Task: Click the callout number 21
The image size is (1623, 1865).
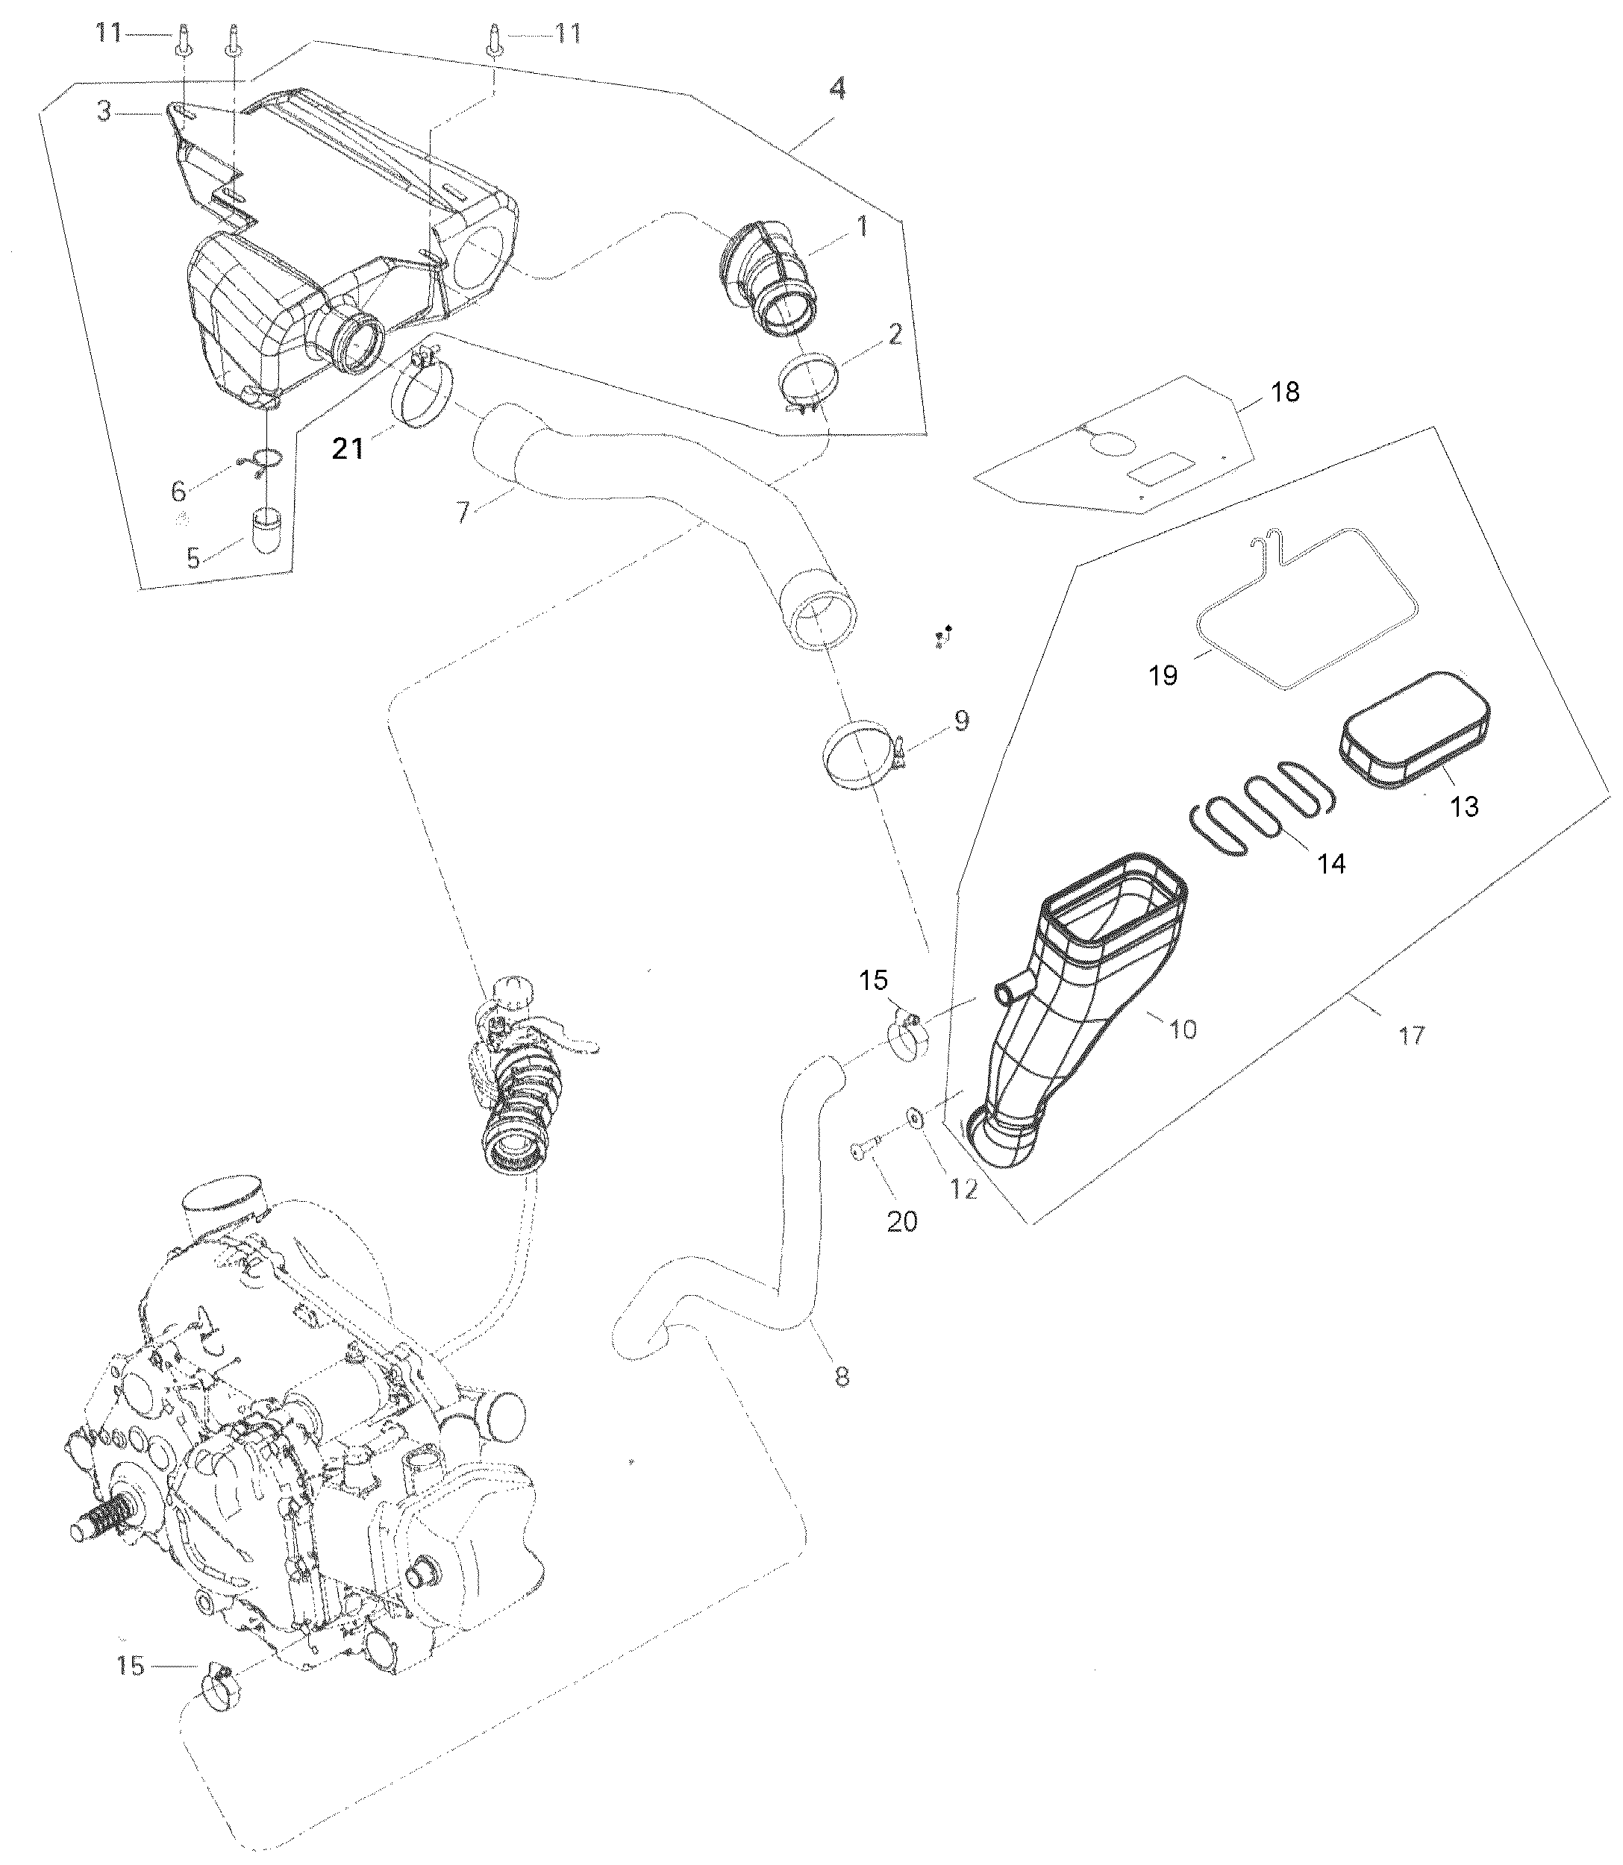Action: click(348, 448)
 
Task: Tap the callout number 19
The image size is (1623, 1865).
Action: click(1164, 675)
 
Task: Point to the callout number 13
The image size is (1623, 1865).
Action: click(1465, 806)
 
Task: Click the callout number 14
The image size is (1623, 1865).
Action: click(1330, 864)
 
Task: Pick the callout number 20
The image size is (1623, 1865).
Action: click(902, 1221)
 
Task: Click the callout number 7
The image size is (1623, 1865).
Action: click(463, 513)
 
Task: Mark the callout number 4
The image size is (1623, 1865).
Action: click(838, 89)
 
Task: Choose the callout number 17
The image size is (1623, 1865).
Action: click(1412, 1035)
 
